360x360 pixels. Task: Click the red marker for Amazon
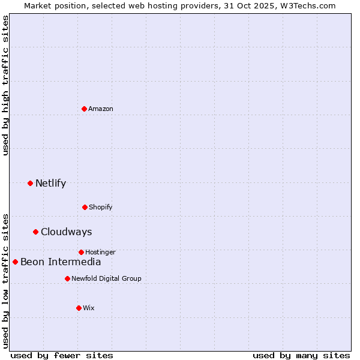click(x=84, y=109)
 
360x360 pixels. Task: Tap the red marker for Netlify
click(x=30, y=183)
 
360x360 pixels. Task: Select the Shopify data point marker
click(x=85, y=207)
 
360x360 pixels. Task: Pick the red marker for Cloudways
click(x=35, y=232)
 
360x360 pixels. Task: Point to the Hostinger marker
click(x=81, y=252)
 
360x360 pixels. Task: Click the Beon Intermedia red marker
click(x=15, y=262)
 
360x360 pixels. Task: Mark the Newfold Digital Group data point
click(x=67, y=278)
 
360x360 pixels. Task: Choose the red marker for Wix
click(x=79, y=308)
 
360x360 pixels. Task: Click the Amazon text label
click(x=101, y=109)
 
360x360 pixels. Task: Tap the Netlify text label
click(x=50, y=183)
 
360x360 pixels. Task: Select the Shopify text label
click(x=101, y=207)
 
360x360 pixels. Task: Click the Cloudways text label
click(x=66, y=232)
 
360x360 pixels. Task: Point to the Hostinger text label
click(x=100, y=252)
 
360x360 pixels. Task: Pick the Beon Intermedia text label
click(x=61, y=262)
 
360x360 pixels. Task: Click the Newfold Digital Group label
click(x=106, y=278)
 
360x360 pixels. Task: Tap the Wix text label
click(x=89, y=308)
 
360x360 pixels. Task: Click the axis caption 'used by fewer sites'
click(x=62, y=355)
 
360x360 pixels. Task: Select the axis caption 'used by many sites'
click(x=301, y=355)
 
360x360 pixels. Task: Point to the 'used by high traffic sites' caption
click(x=5, y=85)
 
